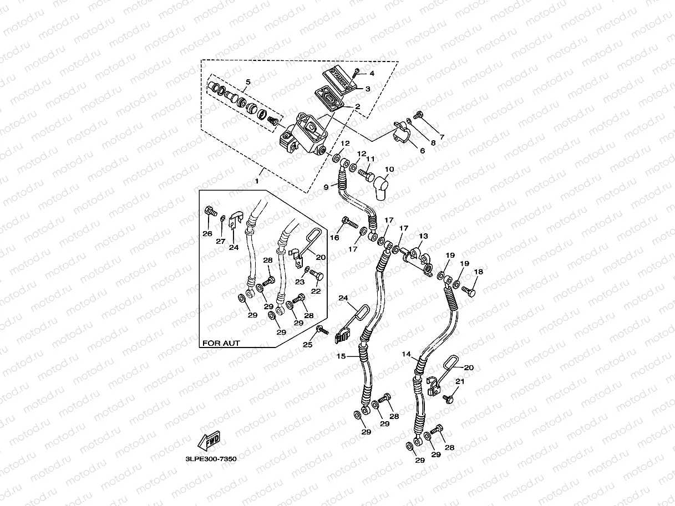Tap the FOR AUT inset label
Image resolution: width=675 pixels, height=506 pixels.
point(221,343)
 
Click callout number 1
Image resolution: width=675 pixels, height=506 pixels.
point(257,181)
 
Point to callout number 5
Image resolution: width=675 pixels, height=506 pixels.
point(247,82)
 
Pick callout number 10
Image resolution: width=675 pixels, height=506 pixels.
point(389,169)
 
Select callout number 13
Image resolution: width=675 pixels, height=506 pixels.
point(424,236)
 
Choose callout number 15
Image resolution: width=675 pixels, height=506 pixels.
point(341,356)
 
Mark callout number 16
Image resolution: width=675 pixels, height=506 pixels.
point(334,237)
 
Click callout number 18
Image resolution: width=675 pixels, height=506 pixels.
point(479,272)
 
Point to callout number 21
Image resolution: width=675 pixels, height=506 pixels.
point(460,381)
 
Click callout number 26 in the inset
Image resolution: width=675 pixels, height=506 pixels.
point(207,234)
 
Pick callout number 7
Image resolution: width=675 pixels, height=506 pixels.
point(442,137)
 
